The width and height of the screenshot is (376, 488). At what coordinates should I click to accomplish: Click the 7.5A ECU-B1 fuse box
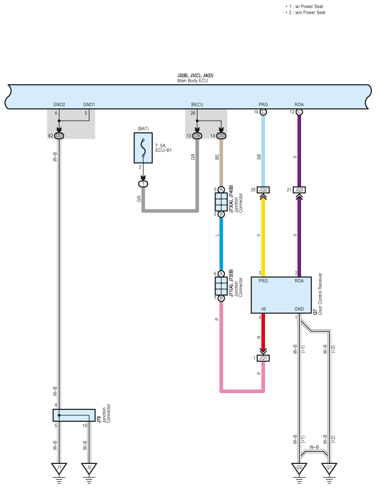pos(143,148)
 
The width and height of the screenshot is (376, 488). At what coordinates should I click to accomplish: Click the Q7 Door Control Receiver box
pos(281,295)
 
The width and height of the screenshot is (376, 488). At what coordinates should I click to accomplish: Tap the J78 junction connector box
pos(74,415)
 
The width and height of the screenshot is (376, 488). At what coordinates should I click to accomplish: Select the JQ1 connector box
pos(263,358)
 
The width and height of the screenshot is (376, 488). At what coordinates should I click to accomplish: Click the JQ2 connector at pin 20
pos(263,190)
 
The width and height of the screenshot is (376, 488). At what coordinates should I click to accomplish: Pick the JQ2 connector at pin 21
pos(299,190)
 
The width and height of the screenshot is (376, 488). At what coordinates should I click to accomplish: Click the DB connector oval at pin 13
pos(197,136)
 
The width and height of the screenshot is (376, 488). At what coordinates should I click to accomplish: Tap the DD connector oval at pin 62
pos(59,136)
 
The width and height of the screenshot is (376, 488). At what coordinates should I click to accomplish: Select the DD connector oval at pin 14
pos(221,136)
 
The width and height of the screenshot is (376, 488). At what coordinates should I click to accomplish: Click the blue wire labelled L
pos(221,244)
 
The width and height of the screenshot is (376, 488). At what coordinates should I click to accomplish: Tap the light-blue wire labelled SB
pos(263,151)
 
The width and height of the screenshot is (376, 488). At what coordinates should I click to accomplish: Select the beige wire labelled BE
pos(221,163)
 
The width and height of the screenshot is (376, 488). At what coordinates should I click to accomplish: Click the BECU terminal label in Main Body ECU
pos(197,105)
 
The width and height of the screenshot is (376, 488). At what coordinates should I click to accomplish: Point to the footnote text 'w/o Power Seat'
pos(310,13)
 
